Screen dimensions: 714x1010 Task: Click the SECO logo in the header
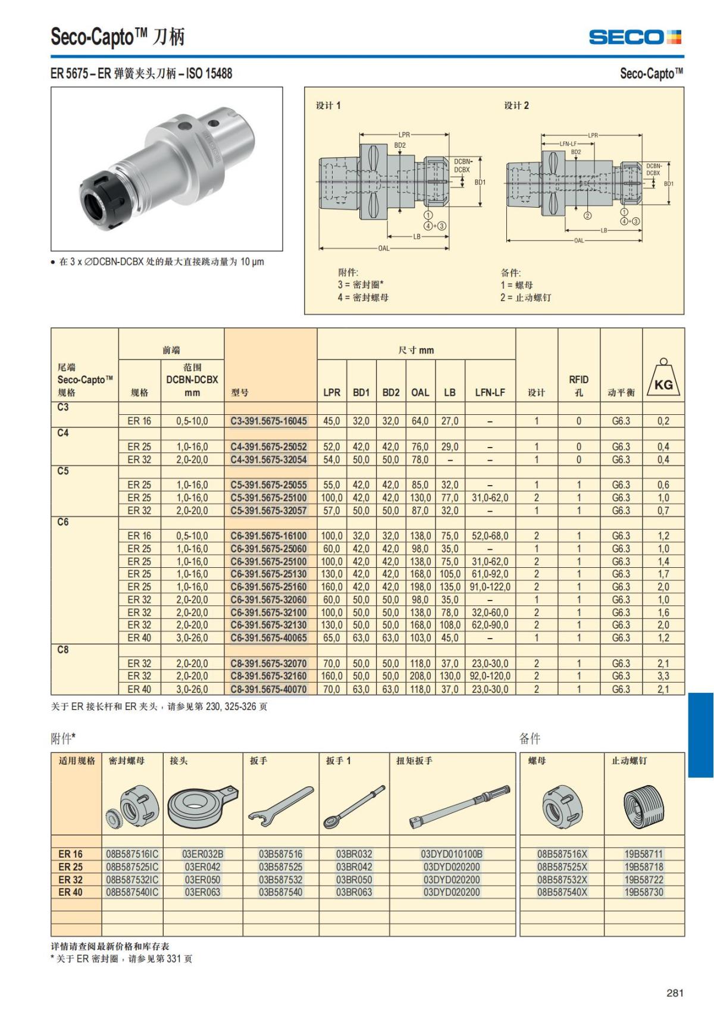click(635, 36)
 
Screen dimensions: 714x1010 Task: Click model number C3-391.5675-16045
click(269, 421)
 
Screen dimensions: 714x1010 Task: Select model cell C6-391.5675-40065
click(269, 638)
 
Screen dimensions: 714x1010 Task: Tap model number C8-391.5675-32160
click(269, 676)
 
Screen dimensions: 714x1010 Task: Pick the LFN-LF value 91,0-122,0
click(490, 587)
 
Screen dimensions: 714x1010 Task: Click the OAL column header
click(420, 393)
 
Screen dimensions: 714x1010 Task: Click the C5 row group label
click(63, 471)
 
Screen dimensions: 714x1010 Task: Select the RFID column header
click(579, 386)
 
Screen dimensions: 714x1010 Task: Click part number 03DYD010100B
click(452, 854)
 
